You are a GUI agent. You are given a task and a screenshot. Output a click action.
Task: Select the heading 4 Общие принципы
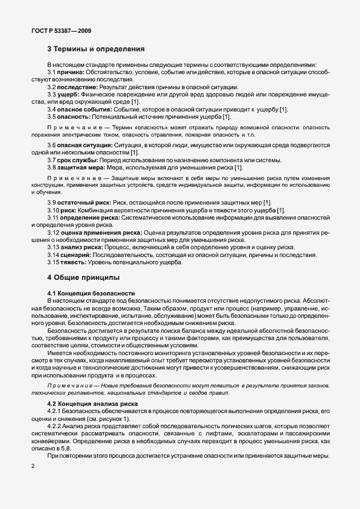(x=82, y=277)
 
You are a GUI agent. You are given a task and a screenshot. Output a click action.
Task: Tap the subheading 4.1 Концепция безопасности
(x=91, y=293)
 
